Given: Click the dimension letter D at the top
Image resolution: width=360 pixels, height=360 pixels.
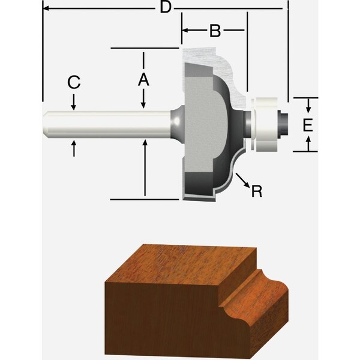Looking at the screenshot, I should click(x=166, y=8).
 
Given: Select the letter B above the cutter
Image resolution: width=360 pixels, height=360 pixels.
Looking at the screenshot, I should click(x=214, y=31).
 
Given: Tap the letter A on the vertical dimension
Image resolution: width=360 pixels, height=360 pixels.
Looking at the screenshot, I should click(x=143, y=79).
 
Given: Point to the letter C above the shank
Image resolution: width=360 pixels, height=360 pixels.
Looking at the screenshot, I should click(x=73, y=83).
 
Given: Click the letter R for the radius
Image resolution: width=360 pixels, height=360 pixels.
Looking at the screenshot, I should click(x=257, y=191).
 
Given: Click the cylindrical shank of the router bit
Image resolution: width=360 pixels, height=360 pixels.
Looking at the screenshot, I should click(x=108, y=125).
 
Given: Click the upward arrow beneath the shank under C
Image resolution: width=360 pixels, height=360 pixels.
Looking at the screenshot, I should click(x=73, y=147).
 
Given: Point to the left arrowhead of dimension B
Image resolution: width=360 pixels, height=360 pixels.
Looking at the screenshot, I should click(x=185, y=31).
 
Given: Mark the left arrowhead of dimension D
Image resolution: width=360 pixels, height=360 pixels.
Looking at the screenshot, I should click(x=45, y=8).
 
